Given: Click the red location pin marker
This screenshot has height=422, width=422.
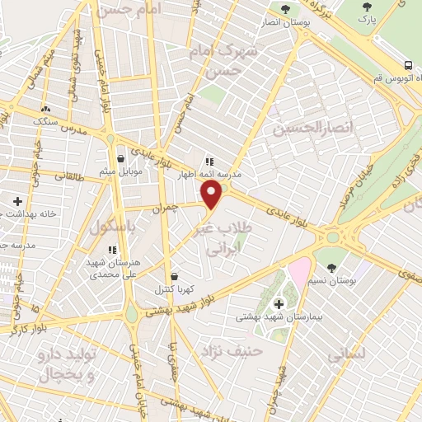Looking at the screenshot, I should tap(213, 194).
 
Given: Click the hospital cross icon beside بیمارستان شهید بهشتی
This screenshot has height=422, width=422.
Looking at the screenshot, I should tap(278, 304).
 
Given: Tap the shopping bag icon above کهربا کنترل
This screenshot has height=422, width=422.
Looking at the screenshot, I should tap(173, 276).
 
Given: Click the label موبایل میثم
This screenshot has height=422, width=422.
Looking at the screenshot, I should tap(121, 171).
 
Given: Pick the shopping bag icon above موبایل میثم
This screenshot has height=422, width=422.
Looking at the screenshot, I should tap(121, 157).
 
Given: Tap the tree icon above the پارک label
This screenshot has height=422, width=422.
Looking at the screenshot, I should tap(368, 6).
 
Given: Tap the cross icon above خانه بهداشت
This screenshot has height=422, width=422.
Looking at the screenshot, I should tap(17, 200).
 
